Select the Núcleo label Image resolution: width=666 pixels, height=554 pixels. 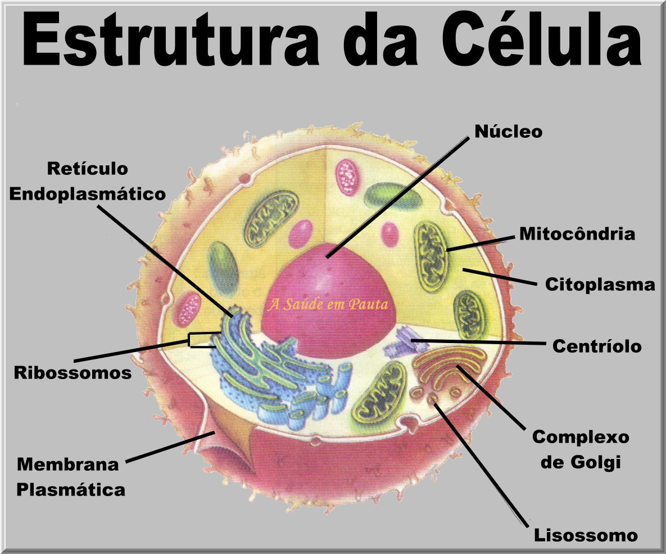(x=508, y=132)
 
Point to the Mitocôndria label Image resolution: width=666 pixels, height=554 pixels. (x=577, y=234)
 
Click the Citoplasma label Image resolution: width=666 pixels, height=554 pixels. (x=600, y=285)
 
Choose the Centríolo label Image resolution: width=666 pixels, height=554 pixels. (x=596, y=346)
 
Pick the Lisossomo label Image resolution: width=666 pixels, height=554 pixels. (x=586, y=535)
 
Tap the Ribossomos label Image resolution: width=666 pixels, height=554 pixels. (x=73, y=372)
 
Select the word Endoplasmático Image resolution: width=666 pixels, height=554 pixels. (x=88, y=194)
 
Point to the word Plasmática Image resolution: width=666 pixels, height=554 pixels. (x=71, y=490)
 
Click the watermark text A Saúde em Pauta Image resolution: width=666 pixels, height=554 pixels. (x=328, y=304)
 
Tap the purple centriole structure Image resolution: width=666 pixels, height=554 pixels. (x=400, y=341)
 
